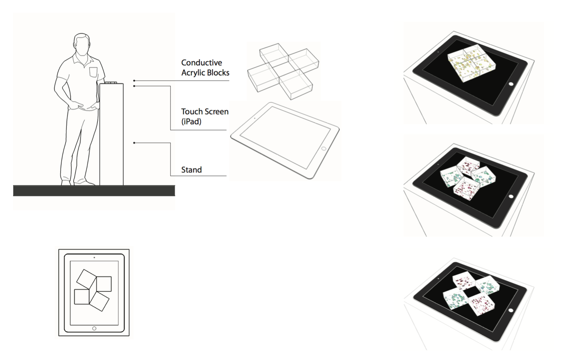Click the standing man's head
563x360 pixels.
(82, 44)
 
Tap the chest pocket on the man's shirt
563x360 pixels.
(93, 72)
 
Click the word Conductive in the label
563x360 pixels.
(202, 63)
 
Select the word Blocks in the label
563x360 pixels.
(219, 73)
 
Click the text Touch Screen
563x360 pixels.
(205, 112)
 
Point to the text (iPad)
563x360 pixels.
(191, 121)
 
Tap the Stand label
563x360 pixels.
(191, 170)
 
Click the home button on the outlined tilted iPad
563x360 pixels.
(323, 149)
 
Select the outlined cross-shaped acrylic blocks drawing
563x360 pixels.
(283, 71)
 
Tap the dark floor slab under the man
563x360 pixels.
(94, 191)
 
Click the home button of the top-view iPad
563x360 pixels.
(94, 328)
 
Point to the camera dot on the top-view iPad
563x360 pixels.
(94, 257)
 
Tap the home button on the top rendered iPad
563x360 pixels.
(511, 84)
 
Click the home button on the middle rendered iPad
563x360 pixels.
(511, 197)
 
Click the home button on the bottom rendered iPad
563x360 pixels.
(511, 310)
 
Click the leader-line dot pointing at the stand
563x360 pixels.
(134, 143)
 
